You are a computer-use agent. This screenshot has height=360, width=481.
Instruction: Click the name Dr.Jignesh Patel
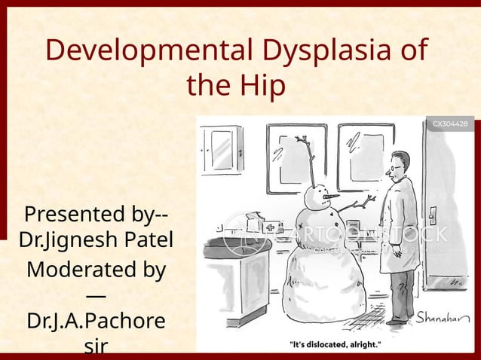click(96, 241)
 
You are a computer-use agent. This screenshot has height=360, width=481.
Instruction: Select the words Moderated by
click(96, 270)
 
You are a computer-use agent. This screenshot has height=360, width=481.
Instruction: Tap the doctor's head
click(400, 165)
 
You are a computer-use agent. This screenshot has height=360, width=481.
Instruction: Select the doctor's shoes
click(400, 320)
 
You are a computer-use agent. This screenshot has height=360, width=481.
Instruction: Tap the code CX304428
click(450, 124)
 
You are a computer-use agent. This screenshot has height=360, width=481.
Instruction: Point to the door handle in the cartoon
click(433, 212)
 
